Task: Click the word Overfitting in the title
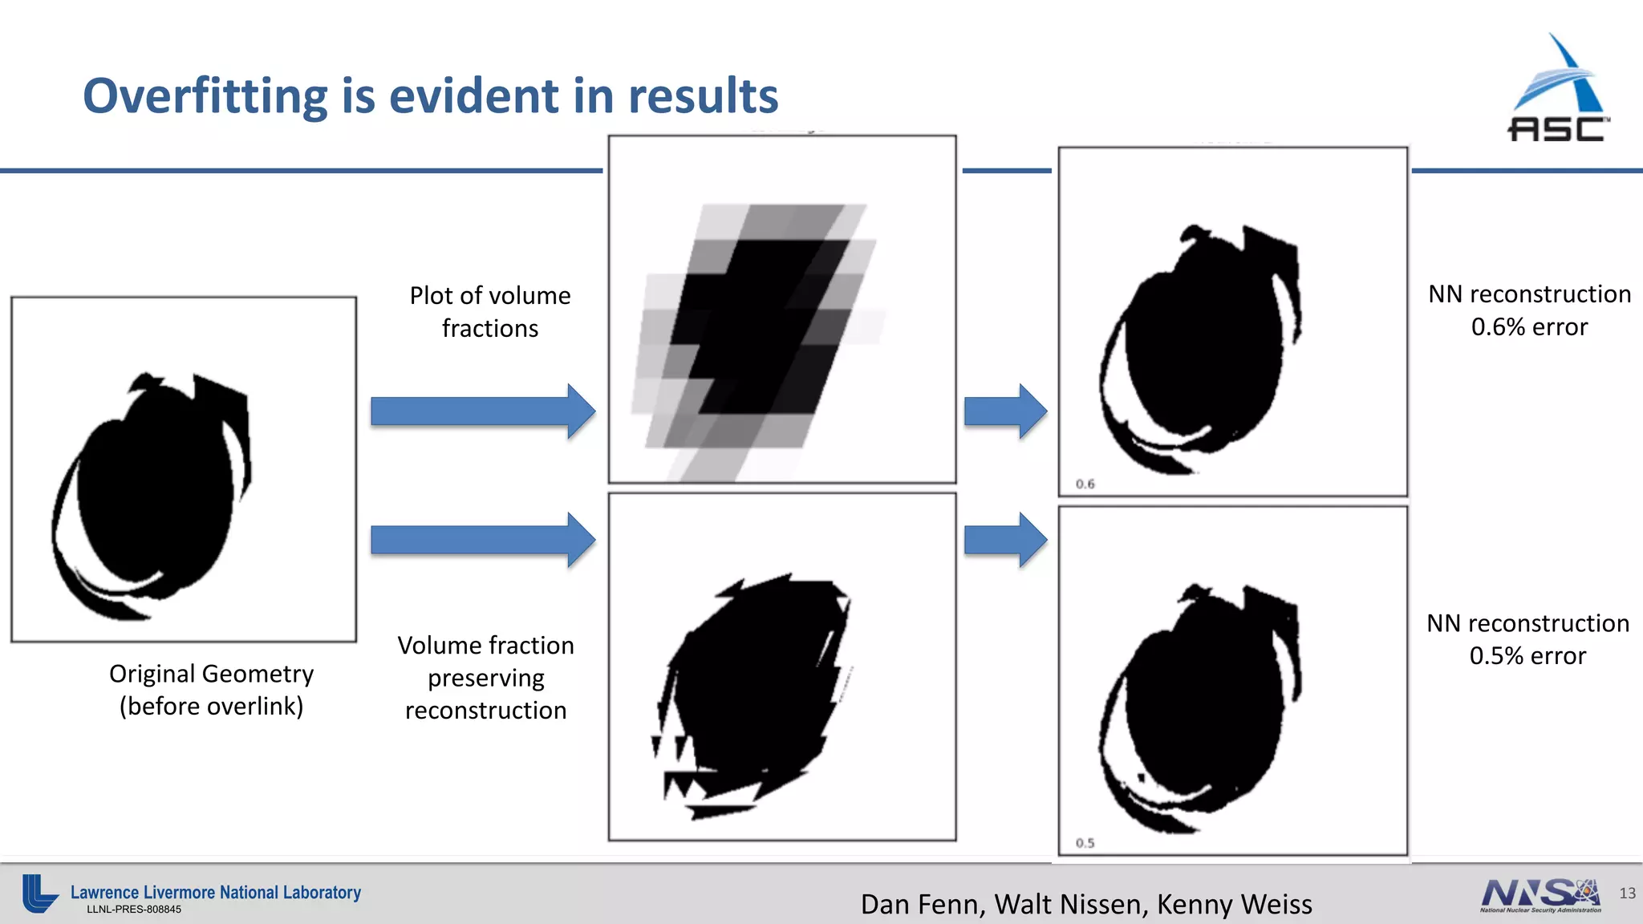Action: [205, 96]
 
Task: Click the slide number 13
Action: [1627, 894]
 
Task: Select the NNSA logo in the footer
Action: [1540, 895]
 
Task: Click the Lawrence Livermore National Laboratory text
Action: [215, 892]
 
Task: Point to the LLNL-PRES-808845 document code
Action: [134, 910]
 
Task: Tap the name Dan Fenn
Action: [922, 905]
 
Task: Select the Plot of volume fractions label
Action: [490, 312]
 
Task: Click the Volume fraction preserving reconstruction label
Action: [486, 678]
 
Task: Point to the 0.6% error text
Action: [1529, 327]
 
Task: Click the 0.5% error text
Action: [1527, 656]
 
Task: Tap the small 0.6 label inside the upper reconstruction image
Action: [1085, 484]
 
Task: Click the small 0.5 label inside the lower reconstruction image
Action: [1085, 843]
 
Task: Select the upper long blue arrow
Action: [482, 411]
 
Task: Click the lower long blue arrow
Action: [482, 540]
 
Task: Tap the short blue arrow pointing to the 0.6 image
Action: [1005, 411]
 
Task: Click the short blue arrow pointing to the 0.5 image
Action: [1005, 540]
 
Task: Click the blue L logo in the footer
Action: [39, 894]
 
